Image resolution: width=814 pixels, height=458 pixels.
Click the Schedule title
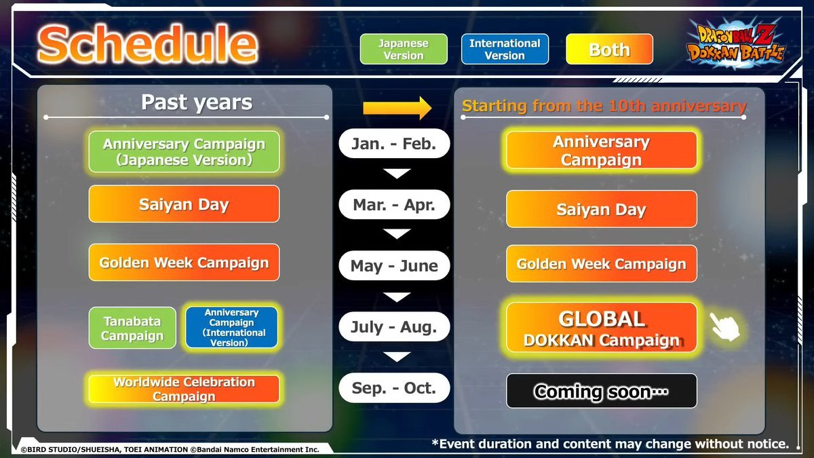pyautogui.click(x=148, y=44)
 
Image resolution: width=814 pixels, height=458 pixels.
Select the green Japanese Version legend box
pyautogui.click(x=404, y=49)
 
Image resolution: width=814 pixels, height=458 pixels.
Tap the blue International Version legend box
pyautogui.click(x=505, y=49)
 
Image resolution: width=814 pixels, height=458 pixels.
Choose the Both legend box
pyautogui.click(x=609, y=49)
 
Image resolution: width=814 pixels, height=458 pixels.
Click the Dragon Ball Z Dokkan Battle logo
pyautogui.click(x=735, y=43)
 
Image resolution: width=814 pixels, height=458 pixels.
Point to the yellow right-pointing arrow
pyautogui.click(x=398, y=108)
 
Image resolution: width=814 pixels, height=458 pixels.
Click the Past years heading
pyautogui.click(x=197, y=102)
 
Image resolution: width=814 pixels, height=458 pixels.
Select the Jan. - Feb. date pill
pyautogui.click(x=394, y=144)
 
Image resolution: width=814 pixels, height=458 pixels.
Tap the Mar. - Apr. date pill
pyautogui.click(x=394, y=205)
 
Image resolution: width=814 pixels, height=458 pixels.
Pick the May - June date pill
pyautogui.click(x=394, y=266)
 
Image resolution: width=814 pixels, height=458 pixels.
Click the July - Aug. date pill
pyautogui.click(x=394, y=327)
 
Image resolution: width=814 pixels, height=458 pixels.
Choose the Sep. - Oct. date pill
pyautogui.click(x=394, y=388)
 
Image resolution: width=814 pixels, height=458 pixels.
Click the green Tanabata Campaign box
pyautogui.click(x=132, y=328)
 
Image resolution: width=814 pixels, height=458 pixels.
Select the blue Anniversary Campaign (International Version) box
pyautogui.click(x=231, y=328)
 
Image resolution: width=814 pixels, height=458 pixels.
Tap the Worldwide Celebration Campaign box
pyautogui.click(x=184, y=389)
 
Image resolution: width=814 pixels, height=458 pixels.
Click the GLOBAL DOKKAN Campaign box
pyautogui.click(x=602, y=328)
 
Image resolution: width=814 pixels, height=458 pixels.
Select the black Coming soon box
pyautogui.click(x=602, y=391)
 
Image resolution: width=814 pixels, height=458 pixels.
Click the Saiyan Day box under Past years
pyautogui.click(x=184, y=204)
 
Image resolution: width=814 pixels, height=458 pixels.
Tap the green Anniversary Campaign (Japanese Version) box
pyautogui.click(x=184, y=151)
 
